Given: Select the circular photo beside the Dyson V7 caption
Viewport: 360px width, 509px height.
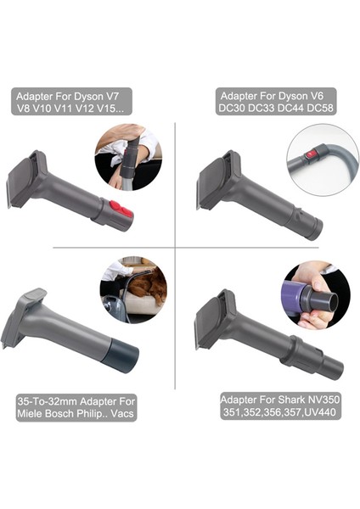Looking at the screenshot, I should click(128, 158).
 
